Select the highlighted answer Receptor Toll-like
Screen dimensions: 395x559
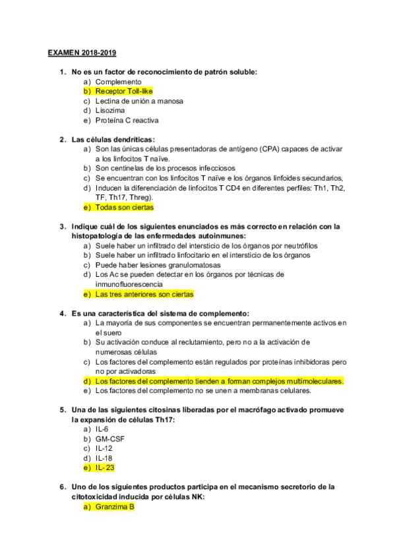click(x=123, y=92)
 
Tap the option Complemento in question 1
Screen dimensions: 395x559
click(x=118, y=82)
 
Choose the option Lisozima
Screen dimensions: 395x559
click(x=109, y=111)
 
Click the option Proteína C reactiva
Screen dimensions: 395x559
click(x=127, y=121)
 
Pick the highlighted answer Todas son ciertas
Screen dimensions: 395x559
click(x=124, y=207)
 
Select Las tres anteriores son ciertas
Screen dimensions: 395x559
click(x=144, y=294)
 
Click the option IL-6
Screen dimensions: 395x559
click(x=102, y=429)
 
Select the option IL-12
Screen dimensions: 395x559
click(x=104, y=448)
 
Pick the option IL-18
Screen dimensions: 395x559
click(x=104, y=458)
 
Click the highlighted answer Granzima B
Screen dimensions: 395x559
click(x=114, y=507)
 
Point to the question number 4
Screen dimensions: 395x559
click(x=62, y=313)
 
